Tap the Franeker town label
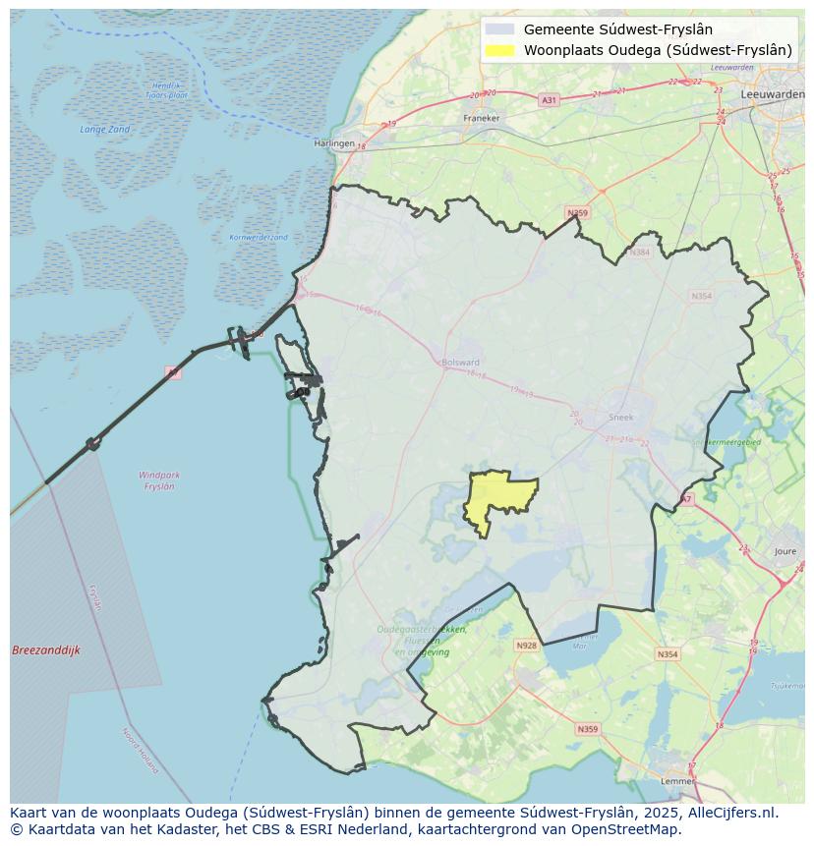pos(481,118)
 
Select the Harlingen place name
pos(333,143)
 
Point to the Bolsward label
pos(460,363)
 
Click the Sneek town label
pos(621,417)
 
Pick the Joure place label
pos(785,552)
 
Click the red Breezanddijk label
pos(46,650)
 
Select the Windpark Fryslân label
pos(159,480)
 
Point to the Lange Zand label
pos(104,130)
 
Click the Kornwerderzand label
pos(259,238)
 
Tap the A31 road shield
pos(549,100)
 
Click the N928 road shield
pos(526,646)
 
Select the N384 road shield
pos(640,253)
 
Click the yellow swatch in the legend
pos(499,51)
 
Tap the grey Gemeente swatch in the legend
pos(499,29)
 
